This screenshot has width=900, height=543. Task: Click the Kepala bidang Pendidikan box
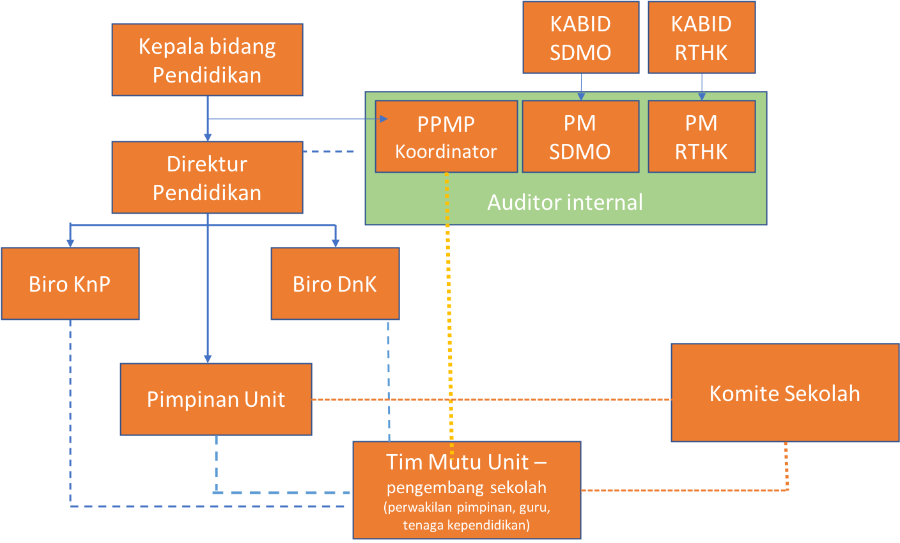[207, 59]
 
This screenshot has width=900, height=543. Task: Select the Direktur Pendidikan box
[207, 177]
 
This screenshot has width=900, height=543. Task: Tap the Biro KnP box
[70, 284]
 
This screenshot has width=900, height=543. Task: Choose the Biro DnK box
[335, 284]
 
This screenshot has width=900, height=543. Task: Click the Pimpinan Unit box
[216, 399]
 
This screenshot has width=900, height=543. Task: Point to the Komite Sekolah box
[785, 393]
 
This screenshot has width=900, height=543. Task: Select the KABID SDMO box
[581, 37]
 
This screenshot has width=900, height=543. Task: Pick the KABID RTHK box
[701, 37]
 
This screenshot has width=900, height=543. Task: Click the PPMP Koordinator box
[446, 137]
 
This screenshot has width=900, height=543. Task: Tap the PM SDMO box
[581, 137]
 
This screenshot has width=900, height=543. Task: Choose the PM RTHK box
[701, 137]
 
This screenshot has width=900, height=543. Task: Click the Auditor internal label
[565, 202]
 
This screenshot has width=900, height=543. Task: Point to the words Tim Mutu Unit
[457, 462]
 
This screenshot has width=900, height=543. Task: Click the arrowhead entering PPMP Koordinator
[384, 119]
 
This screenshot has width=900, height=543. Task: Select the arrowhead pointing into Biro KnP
[70, 243]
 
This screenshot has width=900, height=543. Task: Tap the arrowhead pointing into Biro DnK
[336, 243]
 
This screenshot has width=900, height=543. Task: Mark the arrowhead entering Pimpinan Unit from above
[208, 359]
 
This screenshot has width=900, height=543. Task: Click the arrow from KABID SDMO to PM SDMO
[581, 87]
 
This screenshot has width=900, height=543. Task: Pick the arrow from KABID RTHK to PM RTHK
[702, 87]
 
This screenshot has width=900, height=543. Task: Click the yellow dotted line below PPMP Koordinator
[449, 315]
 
